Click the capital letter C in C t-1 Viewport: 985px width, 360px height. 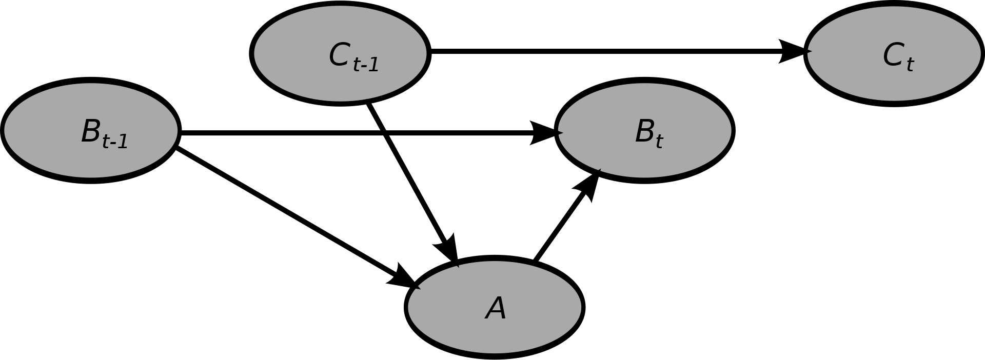click(x=339, y=55)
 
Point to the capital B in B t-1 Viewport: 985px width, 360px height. click(x=90, y=131)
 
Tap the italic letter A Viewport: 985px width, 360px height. click(x=496, y=309)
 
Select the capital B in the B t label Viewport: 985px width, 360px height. click(x=644, y=131)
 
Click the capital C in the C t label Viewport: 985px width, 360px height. click(x=893, y=55)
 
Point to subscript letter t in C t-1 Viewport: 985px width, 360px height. click(x=357, y=65)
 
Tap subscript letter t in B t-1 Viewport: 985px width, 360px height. click(x=106, y=142)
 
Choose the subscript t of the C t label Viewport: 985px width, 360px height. click(x=910, y=64)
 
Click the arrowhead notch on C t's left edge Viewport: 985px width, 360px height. click(x=810, y=51)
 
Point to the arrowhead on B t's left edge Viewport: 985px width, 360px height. click(x=560, y=133)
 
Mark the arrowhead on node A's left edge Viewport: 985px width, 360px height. click(x=417, y=287)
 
